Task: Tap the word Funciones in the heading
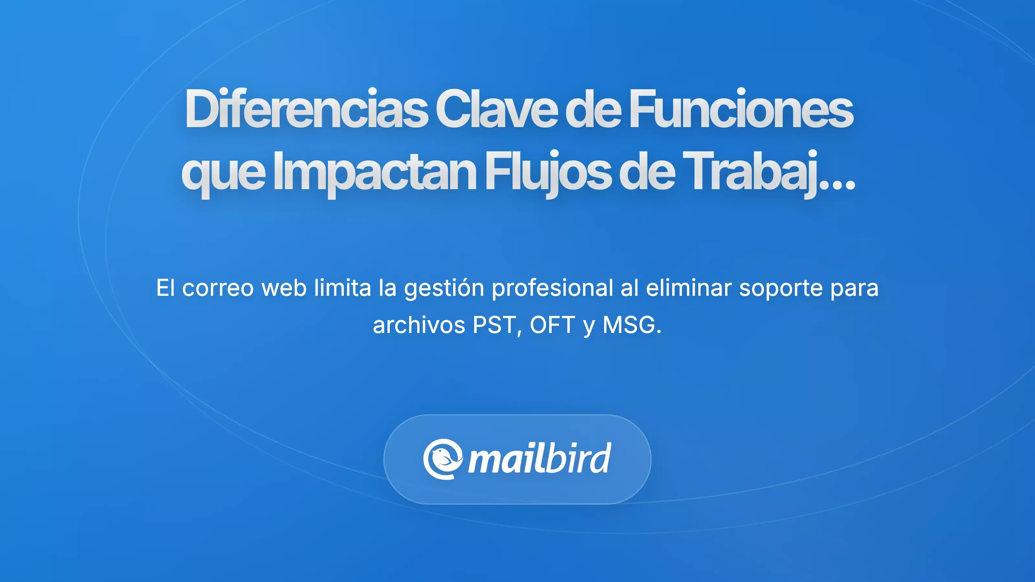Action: point(741,109)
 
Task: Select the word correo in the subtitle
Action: point(218,288)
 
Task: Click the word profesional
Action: point(552,288)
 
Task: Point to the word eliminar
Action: point(688,288)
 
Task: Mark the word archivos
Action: point(419,325)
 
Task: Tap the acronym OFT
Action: point(552,325)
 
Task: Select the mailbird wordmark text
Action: point(539,459)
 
